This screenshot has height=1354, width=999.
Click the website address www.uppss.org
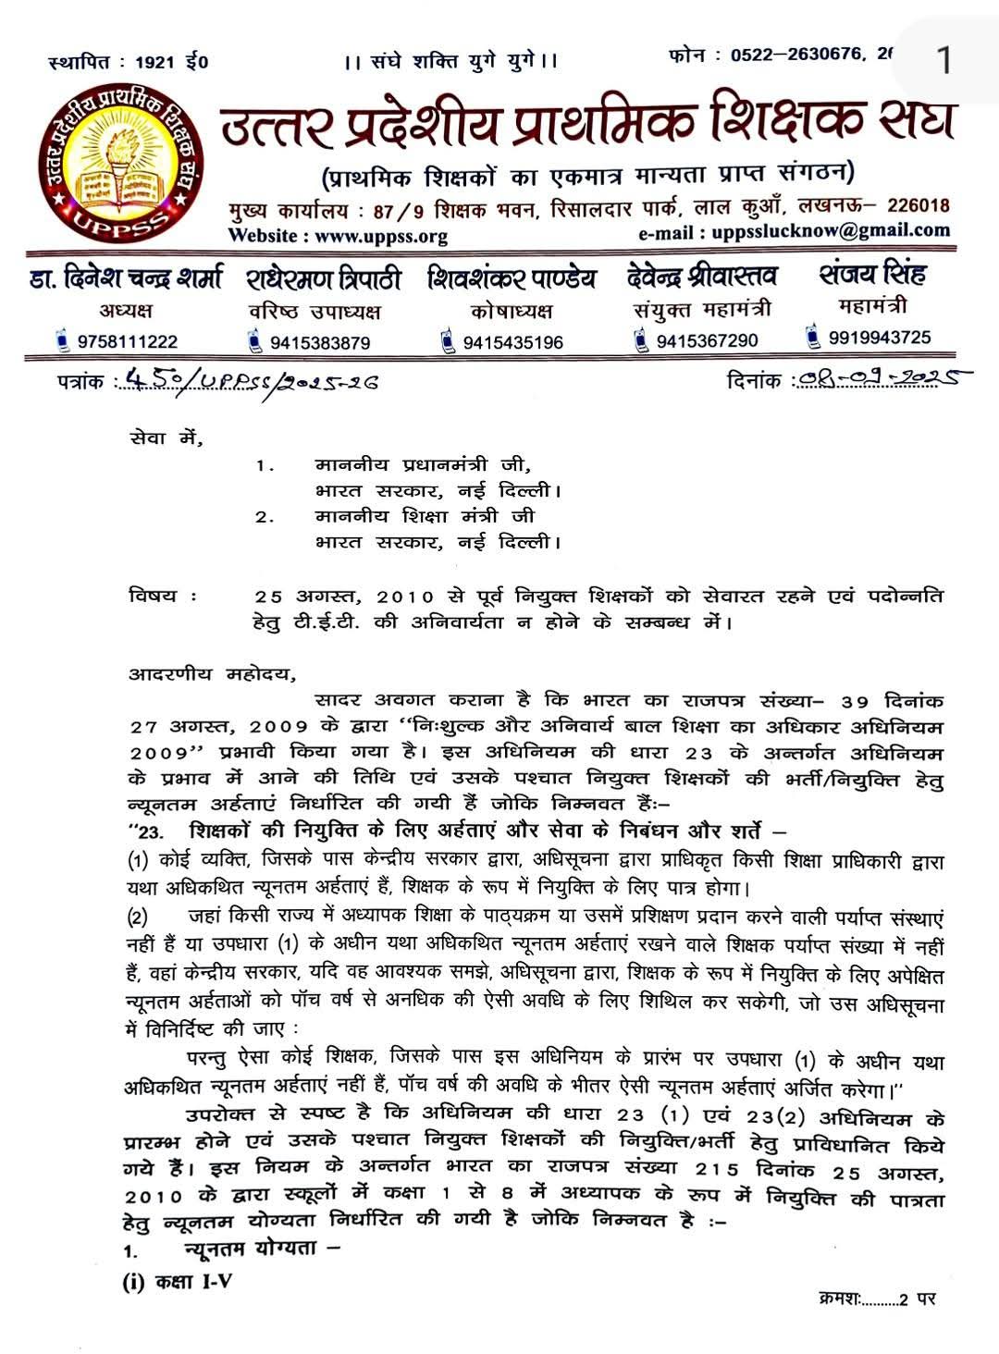381,236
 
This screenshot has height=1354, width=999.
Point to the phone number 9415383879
320,343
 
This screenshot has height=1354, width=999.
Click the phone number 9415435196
512,343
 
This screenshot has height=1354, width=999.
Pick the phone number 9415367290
707,341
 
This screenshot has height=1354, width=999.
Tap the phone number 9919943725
880,338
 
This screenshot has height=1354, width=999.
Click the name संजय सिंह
871,275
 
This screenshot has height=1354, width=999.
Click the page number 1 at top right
943,61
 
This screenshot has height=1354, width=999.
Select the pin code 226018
918,205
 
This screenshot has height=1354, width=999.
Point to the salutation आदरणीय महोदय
212,674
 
